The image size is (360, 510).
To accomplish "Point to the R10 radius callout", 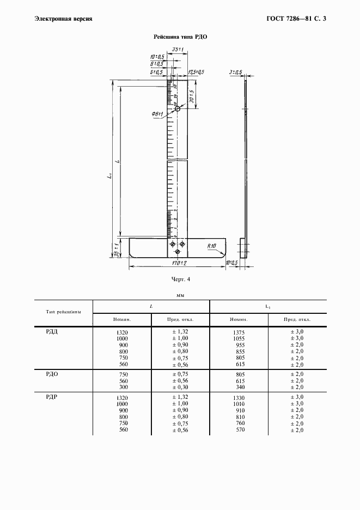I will [x=212, y=246].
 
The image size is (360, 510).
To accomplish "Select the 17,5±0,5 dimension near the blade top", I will [x=196, y=72].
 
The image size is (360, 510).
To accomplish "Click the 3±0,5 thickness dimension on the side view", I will [x=236, y=72].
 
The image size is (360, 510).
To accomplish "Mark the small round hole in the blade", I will [x=178, y=110].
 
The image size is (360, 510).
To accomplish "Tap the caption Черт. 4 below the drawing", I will [x=180, y=280].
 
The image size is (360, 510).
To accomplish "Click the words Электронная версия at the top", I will [x=63, y=19].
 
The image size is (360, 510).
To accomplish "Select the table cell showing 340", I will [x=238, y=388].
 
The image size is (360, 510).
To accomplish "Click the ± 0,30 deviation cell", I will [x=180, y=388].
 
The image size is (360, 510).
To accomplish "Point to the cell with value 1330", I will [x=238, y=398].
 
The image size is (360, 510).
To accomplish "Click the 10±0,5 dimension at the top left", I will [x=157, y=57].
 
